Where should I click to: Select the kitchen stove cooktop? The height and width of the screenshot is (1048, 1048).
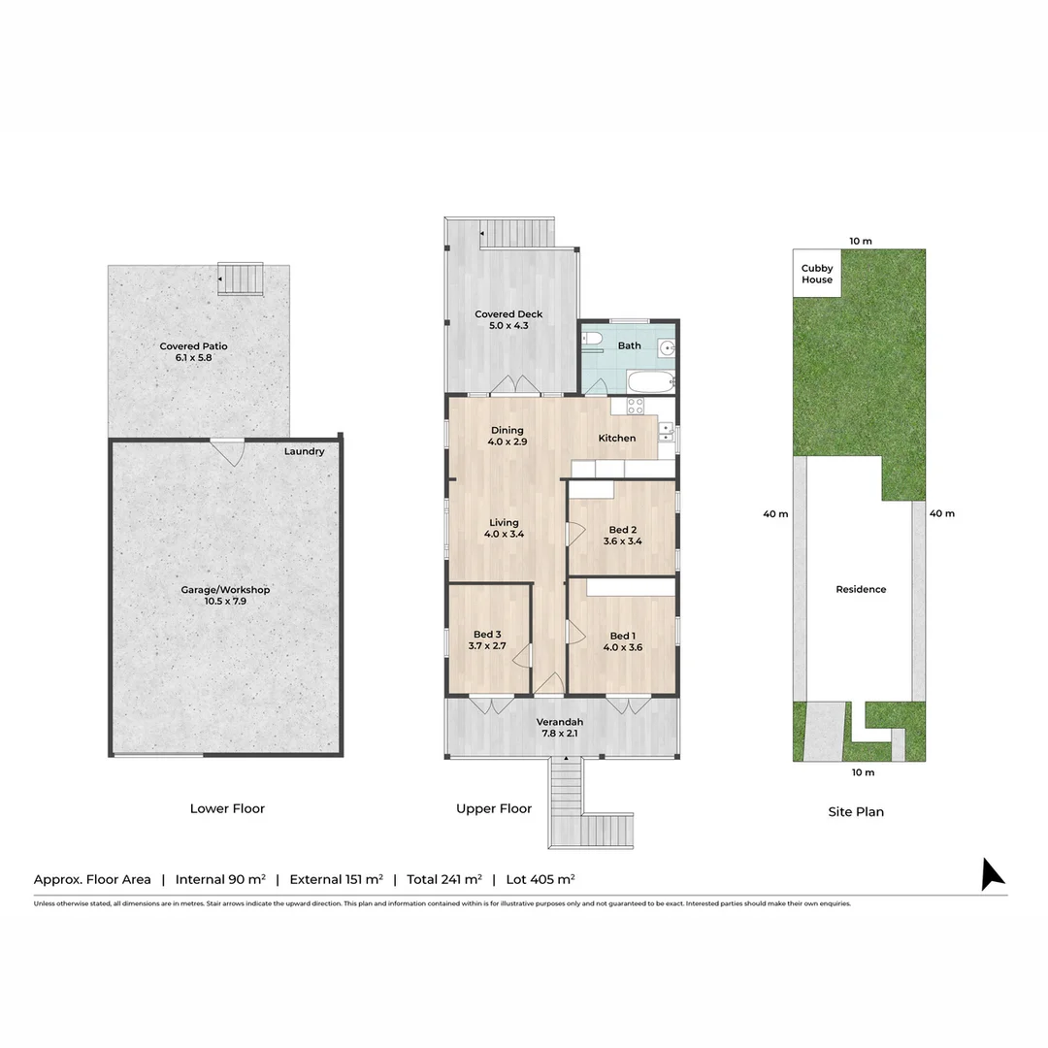tap(636, 407)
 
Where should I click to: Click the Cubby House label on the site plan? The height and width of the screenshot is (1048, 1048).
tap(817, 274)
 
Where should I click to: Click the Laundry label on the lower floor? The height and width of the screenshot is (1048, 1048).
tap(304, 451)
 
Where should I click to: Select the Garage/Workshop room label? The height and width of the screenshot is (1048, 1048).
tap(225, 590)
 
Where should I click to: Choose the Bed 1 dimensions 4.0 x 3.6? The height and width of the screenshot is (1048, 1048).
tap(622, 647)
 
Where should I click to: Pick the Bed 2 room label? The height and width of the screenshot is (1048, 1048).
tap(622, 530)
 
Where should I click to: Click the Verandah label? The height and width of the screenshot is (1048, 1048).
tap(560, 722)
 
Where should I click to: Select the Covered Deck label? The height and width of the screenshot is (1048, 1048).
tap(508, 314)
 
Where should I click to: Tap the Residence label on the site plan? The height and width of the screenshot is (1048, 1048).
tap(861, 589)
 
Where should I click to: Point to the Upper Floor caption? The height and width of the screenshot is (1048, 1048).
tap(494, 808)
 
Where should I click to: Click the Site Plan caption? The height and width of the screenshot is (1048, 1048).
tap(856, 811)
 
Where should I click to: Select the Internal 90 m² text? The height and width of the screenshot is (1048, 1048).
tap(220, 879)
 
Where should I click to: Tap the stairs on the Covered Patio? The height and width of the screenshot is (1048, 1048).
tap(240, 278)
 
